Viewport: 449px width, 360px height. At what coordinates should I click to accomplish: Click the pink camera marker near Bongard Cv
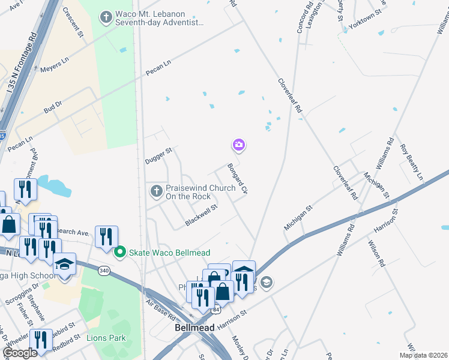pos(239,145)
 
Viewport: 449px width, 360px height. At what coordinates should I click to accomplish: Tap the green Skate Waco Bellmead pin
pos(120,252)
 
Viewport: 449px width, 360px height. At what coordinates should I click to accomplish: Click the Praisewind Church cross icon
pos(156,191)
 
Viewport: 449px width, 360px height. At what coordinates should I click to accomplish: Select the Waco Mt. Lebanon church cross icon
pos(106,17)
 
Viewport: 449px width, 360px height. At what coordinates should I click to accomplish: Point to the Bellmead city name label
pos(191,328)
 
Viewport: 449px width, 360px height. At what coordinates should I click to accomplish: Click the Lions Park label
pos(107,338)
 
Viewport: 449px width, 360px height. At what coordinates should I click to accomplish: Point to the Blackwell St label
pos(200,214)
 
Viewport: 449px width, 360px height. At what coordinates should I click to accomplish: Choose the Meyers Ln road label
pos(55,65)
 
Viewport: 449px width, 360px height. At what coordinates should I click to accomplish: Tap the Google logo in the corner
pos(20,353)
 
